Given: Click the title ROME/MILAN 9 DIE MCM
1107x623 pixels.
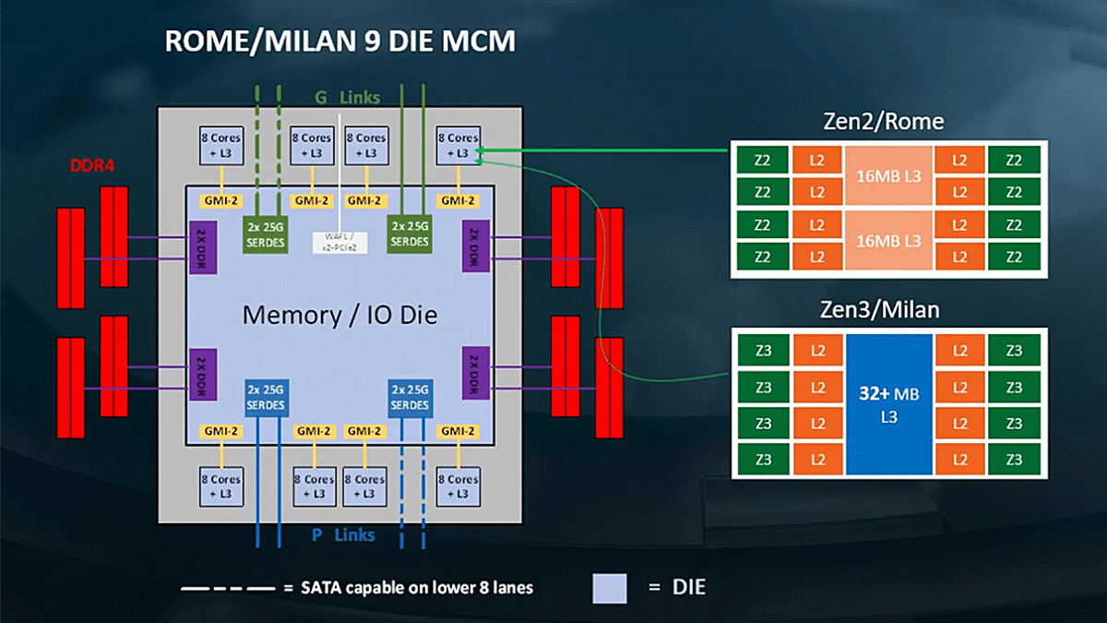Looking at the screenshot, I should point(339,42).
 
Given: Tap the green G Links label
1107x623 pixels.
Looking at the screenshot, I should point(346,97).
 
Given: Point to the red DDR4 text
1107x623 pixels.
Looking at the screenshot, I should point(92,166).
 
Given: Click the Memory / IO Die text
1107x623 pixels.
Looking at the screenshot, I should point(339,316).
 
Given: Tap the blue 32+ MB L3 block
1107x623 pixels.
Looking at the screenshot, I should point(888,404).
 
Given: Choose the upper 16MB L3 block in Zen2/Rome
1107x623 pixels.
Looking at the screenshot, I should point(889,175).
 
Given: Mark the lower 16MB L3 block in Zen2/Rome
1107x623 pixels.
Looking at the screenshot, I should point(889,241).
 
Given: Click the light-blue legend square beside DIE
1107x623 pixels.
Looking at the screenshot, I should point(610,588).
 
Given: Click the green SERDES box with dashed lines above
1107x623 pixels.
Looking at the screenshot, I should point(266,234).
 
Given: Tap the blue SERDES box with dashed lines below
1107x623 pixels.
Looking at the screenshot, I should point(411,398).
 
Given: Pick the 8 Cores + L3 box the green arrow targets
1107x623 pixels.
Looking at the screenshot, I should point(458,145).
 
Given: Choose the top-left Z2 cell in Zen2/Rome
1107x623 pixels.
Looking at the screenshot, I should point(763,160).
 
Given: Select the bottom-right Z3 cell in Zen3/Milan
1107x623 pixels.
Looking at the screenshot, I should point(1014,459).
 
